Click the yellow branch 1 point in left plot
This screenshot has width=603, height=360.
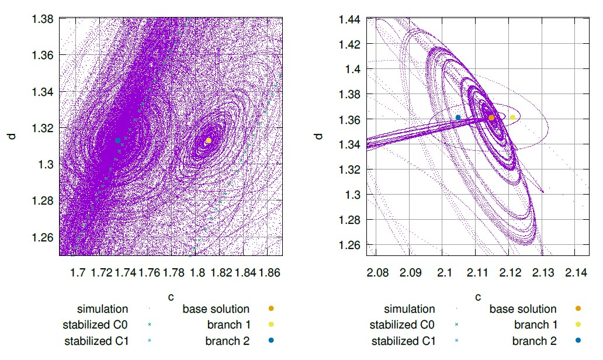[x=209, y=140]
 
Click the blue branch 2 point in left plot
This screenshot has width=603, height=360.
[x=118, y=140]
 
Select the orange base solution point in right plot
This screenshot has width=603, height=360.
[x=491, y=118]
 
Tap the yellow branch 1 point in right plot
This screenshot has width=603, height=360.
[x=512, y=117]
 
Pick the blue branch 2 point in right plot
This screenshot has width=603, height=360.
[x=458, y=117]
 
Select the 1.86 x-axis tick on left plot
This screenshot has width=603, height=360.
[x=269, y=272]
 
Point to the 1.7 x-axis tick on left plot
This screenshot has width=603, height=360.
[x=77, y=272]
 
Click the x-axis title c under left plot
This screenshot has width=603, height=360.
[x=171, y=297]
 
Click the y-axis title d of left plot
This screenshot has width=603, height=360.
[x=12, y=136]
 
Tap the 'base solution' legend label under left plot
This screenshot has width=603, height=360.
[x=216, y=309]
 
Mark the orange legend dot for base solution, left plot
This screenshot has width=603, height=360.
[x=271, y=309]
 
